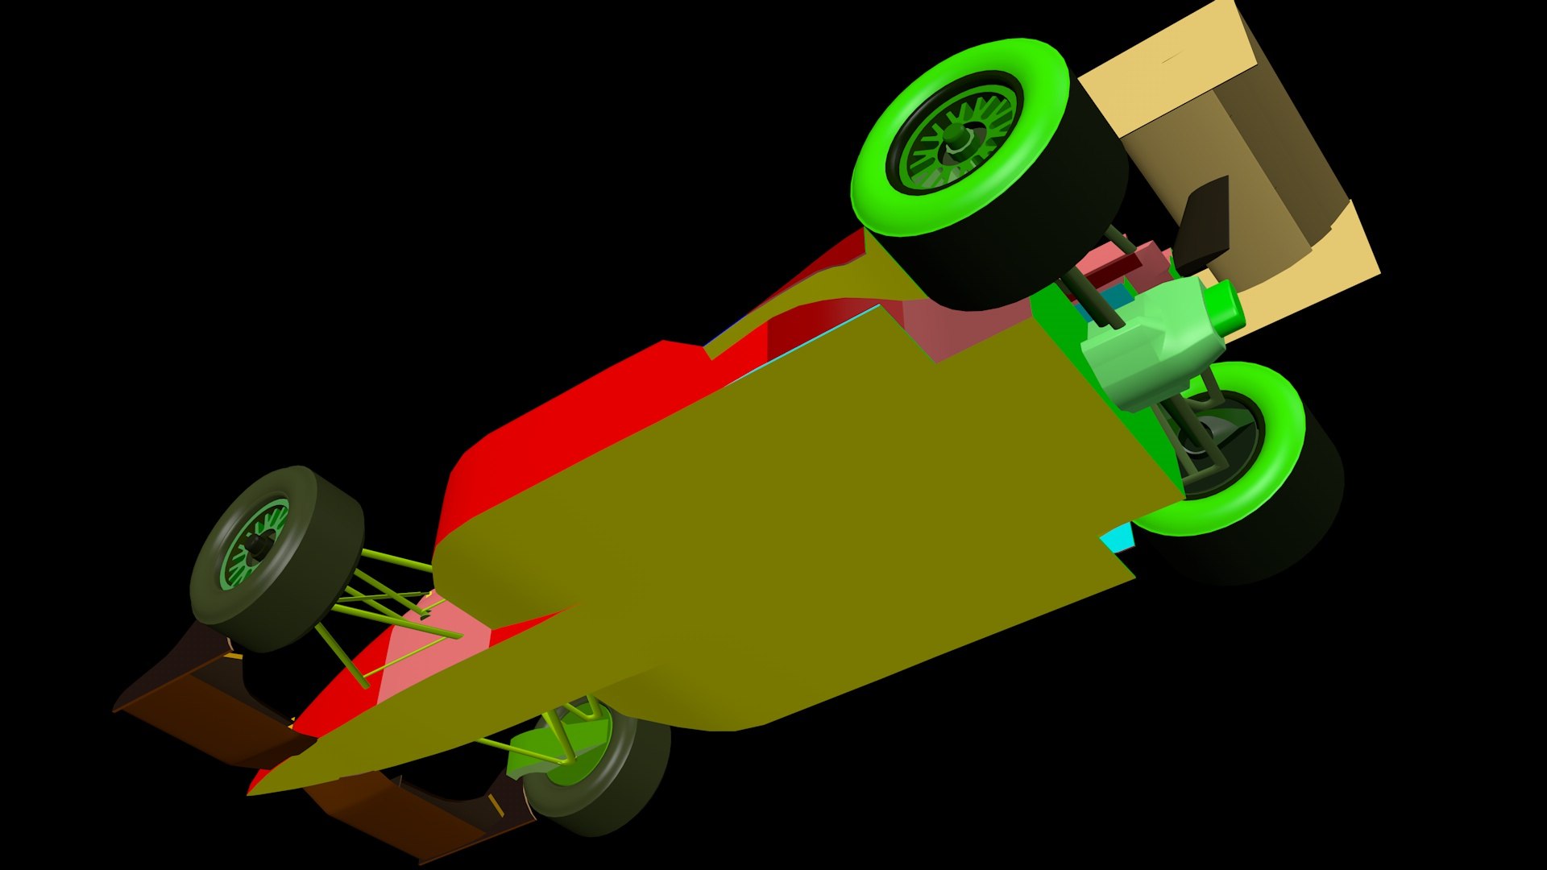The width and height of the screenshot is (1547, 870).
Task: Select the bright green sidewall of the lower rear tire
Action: pyautogui.click(x=1281, y=451)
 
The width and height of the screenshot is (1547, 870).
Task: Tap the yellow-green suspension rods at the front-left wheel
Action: pyautogui.click(x=387, y=588)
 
